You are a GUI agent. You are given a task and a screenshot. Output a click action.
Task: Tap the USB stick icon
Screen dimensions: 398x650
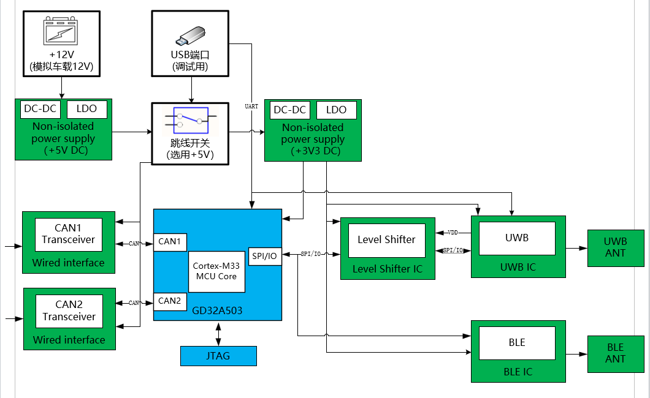[x=190, y=36]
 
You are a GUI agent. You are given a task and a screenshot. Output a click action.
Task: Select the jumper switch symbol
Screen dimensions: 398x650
[x=190, y=119]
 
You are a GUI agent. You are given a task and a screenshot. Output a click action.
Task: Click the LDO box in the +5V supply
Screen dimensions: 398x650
[x=86, y=109]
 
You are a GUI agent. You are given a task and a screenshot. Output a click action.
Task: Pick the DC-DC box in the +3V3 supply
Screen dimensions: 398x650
[x=289, y=110]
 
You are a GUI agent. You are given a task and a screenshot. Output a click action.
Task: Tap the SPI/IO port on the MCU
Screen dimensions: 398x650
[x=265, y=256]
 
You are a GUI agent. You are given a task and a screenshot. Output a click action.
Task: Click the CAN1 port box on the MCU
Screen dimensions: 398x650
[x=170, y=242]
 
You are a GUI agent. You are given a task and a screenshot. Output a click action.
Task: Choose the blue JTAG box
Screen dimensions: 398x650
[x=218, y=356]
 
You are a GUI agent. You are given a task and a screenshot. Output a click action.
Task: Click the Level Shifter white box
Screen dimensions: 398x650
[x=386, y=239]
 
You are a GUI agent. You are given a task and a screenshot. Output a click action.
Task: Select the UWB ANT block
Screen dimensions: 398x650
[x=615, y=248]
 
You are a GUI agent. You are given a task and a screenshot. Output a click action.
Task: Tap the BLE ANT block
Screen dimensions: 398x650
[x=615, y=353]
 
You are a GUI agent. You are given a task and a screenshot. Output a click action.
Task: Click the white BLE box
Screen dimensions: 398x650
[x=517, y=343]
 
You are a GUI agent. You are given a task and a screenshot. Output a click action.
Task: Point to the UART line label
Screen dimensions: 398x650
[x=251, y=107]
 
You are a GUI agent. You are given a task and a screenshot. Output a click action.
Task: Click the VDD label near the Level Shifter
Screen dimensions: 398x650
[x=453, y=233]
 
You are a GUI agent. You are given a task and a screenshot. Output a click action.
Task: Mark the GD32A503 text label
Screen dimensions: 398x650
[x=218, y=311]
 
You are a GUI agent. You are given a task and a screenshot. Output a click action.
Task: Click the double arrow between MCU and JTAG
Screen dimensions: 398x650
[x=218, y=334]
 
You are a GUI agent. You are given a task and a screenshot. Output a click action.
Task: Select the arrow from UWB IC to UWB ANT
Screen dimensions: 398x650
[x=576, y=248]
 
